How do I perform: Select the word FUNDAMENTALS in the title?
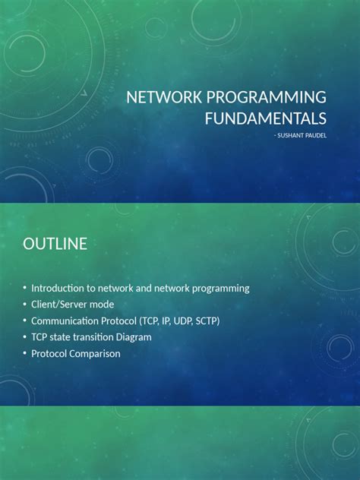pos(266,118)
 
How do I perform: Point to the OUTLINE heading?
pos(55,244)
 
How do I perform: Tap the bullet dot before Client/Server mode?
pos(25,305)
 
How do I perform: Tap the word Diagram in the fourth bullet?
pos(134,336)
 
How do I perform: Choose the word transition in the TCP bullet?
pos(93,336)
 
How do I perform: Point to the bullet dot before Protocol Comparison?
pos(25,353)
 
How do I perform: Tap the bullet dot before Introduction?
pos(25,288)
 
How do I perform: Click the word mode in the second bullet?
pos(103,305)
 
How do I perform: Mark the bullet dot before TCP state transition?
pos(25,336)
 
